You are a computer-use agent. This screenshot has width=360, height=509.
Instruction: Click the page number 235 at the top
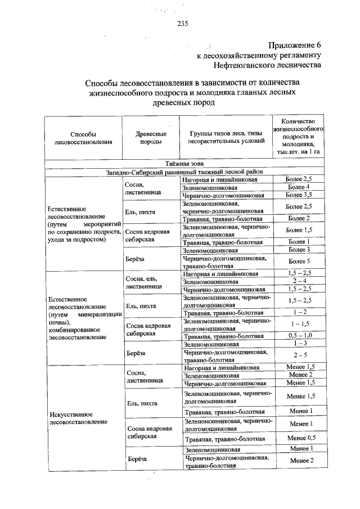pyautogui.click(x=182, y=23)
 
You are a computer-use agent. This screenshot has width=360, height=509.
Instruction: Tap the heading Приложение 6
pyautogui.click(x=294, y=45)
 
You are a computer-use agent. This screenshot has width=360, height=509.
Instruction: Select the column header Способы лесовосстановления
pyautogui.click(x=83, y=138)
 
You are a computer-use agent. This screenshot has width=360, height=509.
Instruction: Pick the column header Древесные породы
pyautogui.click(x=151, y=138)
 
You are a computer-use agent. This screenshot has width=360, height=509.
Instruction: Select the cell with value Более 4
pyautogui.click(x=298, y=187)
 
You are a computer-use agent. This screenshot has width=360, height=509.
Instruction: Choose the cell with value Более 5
pyautogui.click(x=298, y=261)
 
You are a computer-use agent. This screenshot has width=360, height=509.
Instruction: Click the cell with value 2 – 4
pyautogui.click(x=298, y=281)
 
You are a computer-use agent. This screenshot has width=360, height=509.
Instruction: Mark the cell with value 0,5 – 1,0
pyautogui.click(x=298, y=336)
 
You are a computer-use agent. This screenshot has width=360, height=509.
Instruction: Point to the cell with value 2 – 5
pyautogui.click(x=298, y=355)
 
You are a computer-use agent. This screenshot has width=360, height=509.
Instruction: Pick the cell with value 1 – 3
pyautogui.click(x=298, y=343)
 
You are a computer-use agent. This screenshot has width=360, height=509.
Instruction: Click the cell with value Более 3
pyautogui.click(x=298, y=249)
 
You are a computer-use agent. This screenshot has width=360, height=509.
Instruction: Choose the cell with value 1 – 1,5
pyautogui.click(x=298, y=324)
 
